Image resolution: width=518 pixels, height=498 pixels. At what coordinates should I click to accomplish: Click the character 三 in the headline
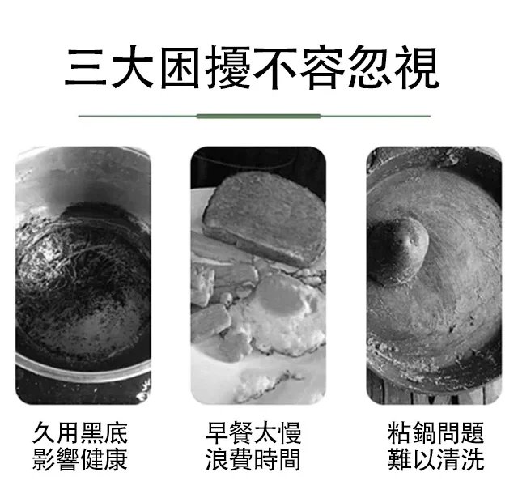(86, 68)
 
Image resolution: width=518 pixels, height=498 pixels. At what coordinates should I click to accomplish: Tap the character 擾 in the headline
(228, 68)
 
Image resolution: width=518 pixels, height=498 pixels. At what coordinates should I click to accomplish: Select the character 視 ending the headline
(418, 68)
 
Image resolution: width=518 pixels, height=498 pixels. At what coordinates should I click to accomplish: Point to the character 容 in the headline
(323, 68)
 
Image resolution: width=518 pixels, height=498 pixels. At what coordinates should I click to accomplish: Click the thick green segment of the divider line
(258, 117)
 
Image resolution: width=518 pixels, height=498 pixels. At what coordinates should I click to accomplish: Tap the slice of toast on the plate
(265, 218)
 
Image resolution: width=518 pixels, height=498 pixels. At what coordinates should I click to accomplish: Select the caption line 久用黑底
(80, 432)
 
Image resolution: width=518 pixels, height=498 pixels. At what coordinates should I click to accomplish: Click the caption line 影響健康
(80, 459)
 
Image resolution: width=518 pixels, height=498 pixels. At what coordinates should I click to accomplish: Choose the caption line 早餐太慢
(253, 432)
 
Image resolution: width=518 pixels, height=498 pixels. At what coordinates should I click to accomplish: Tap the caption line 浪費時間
(253, 459)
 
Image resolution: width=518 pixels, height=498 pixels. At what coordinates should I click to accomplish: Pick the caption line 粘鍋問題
(436, 432)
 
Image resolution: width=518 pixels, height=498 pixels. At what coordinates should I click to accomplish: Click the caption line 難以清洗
(436, 459)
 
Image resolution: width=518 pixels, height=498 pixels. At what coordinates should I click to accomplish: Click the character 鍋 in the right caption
(424, 432)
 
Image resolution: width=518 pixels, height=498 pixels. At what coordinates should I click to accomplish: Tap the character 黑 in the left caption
(92, 432)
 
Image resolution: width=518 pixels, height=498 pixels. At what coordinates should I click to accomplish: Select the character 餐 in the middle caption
(241, 432)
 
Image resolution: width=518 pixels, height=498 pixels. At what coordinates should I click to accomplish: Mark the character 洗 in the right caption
(473, 459)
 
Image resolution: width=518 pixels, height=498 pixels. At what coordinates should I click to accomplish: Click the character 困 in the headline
(180, 68)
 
